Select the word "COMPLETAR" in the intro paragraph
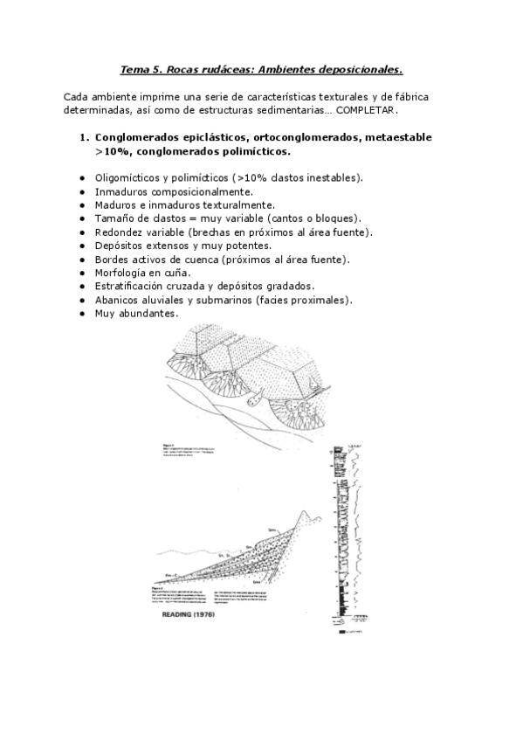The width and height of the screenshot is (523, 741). coord(366,110)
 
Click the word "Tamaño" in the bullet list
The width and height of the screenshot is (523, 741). coord(113,218)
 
